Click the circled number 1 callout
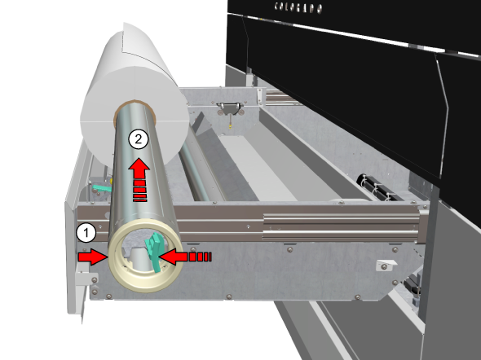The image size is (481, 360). pos(86,233)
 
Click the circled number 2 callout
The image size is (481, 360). pos(139,139)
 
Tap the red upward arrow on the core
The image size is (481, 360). pos(139,180)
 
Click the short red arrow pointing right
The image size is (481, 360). pos(92,257)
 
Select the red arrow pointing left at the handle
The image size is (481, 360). pos(185,257)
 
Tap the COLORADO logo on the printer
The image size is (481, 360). pos(298,7)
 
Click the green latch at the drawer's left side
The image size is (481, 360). pos(101,188)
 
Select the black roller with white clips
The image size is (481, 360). pos(382,187)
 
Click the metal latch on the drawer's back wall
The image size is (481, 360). pos(230,108)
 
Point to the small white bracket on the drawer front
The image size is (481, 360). pos(386,265)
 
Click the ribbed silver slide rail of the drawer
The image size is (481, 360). pos(341,226)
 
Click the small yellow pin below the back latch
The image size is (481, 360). pos(229,125)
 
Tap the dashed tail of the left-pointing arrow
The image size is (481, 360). pos(201,257)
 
